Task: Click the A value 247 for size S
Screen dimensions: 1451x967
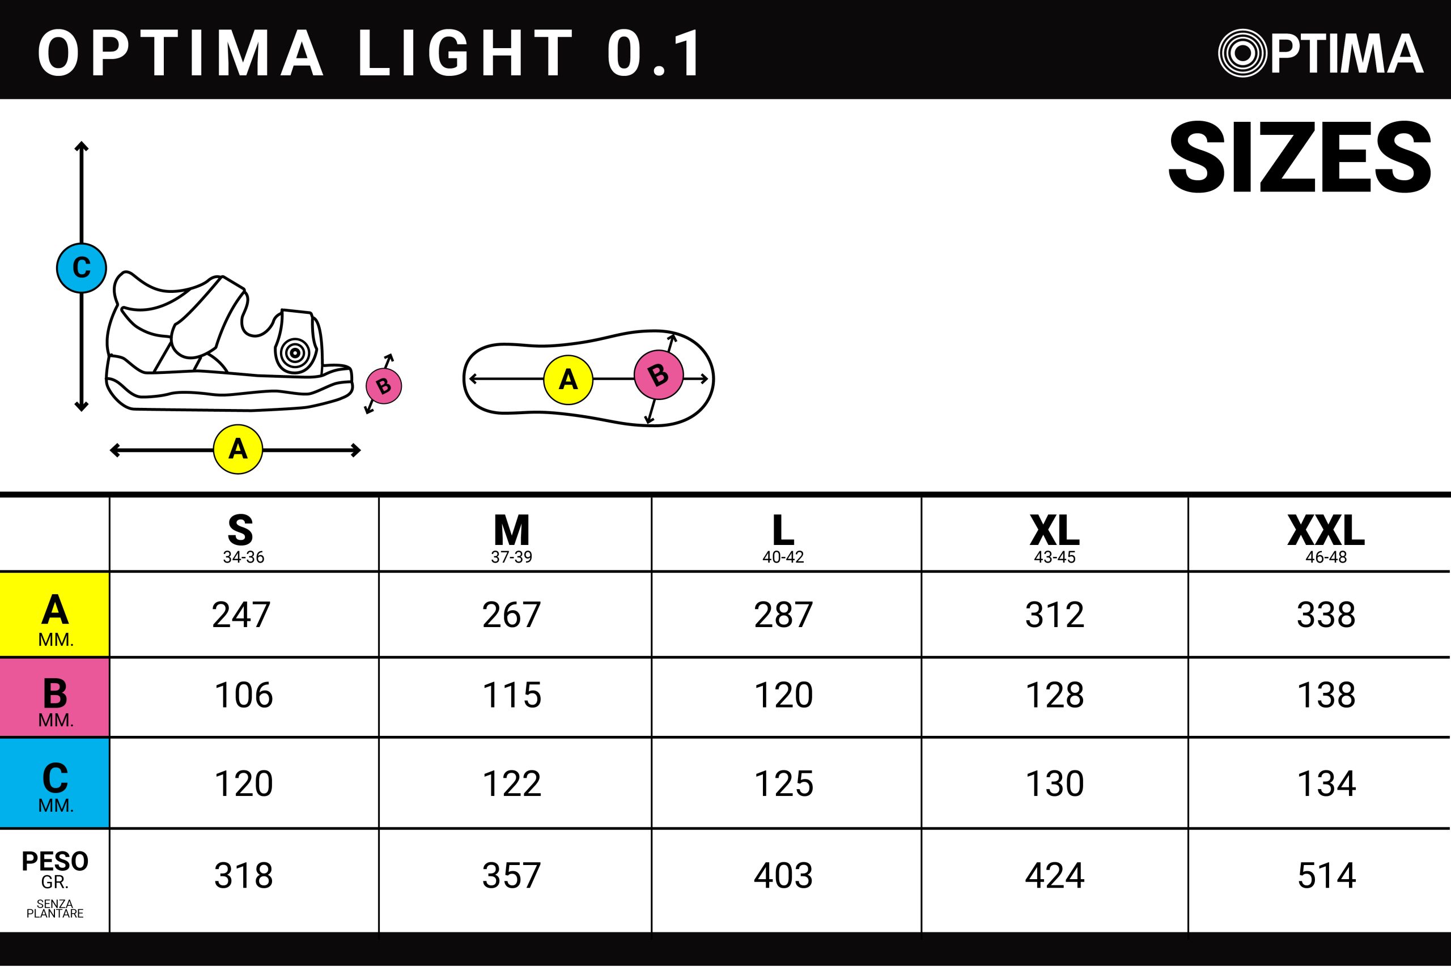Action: (x=241, y=615)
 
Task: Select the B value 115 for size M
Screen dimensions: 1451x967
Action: (x=512, y=695)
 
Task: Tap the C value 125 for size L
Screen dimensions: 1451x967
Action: (x=783, y=784)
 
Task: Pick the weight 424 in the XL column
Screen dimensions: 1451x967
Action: (x=1055, y=876)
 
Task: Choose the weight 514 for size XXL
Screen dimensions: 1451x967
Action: (x=1326, y=876)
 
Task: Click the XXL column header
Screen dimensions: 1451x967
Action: (x=1326, y=530)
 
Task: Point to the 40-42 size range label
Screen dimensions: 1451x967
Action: (x=783, y=557)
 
